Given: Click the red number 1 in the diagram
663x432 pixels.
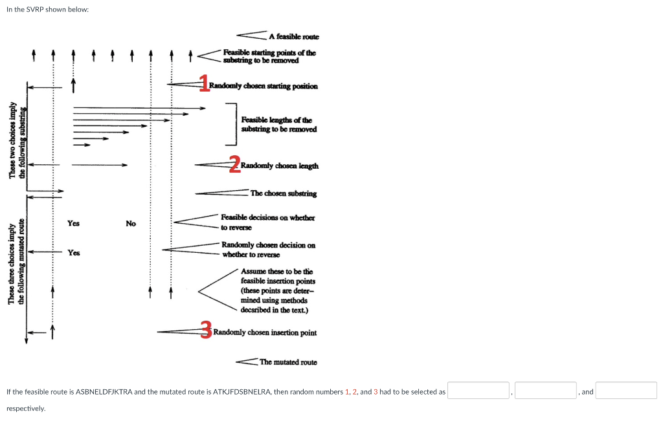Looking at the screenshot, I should (205, 83).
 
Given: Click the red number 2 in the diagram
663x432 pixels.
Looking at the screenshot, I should (234, 164).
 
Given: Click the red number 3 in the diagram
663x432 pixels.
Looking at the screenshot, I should (206, 329).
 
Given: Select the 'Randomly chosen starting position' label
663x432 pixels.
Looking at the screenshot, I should (264, 86).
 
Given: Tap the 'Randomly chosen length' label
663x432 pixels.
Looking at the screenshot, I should (279, 166).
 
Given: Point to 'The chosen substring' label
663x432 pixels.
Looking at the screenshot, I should (284, 193).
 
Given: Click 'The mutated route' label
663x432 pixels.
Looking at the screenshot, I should (288, 362).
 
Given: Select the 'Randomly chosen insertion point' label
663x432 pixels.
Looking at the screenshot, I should (265, 332).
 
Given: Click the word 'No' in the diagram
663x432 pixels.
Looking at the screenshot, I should (131, 224).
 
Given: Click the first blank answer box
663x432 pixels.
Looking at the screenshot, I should (479, 391).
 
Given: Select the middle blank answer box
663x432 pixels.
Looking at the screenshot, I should (545, 391).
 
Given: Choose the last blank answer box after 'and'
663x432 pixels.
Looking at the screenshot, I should (626, 391).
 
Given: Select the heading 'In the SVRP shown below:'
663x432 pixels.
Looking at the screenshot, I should (47, 10).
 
